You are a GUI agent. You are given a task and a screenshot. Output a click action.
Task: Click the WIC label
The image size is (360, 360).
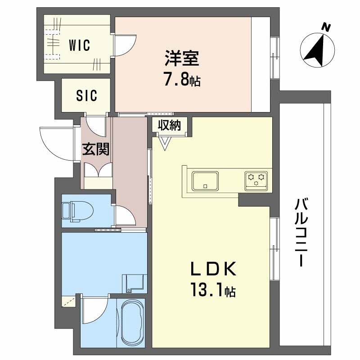point(80,45)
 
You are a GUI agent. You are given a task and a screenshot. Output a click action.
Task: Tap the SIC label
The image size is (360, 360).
point(86,96)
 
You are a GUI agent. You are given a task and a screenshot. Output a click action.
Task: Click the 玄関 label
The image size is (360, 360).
point(96,149)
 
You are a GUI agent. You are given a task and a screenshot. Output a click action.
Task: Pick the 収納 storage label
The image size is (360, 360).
point(169,125)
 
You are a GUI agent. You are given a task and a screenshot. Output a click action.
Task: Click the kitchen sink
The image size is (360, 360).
point(205,181)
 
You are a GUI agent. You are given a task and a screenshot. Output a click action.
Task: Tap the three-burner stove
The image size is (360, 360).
point(256,180)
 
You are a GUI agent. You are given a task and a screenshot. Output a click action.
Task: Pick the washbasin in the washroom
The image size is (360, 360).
point(134,282)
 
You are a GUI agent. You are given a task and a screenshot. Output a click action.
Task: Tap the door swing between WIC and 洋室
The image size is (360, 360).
point(125,45)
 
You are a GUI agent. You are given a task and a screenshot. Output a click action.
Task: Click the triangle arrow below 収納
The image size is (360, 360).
point(164,143)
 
